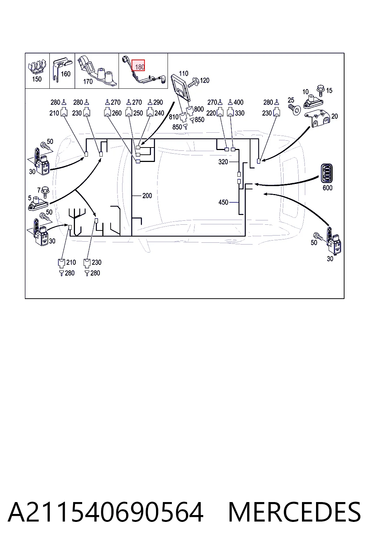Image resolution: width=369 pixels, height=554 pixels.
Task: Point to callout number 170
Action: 88,82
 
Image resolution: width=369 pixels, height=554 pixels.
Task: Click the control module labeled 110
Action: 181,88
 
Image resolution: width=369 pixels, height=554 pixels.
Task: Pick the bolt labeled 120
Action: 193,82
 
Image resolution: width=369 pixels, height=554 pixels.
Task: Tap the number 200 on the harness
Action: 147,196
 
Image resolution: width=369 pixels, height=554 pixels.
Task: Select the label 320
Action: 223,162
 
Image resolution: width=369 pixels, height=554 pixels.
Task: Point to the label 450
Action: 223,203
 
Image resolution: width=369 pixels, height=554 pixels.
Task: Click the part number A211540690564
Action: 106,512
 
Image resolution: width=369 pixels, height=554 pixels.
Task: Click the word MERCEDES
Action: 294,512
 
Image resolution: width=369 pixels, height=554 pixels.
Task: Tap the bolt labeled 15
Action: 321,91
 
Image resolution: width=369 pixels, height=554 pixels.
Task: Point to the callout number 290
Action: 158,102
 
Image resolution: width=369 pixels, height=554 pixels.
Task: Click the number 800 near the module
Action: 199,109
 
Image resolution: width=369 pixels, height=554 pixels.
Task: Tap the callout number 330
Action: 240,113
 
